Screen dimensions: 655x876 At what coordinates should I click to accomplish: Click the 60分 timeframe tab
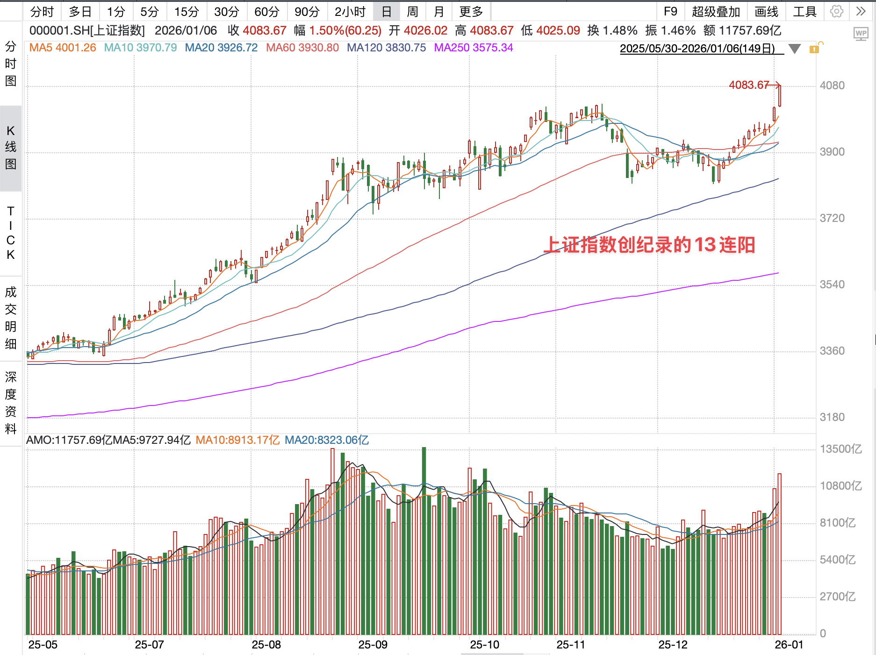266,12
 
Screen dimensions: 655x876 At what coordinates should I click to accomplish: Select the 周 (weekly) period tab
412,12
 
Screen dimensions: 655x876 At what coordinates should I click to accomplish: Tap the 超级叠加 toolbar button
716,12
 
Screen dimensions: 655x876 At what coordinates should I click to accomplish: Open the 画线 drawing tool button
766,12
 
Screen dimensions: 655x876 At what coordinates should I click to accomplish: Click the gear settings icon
836,12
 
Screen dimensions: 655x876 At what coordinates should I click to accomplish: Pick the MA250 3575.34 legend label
473,48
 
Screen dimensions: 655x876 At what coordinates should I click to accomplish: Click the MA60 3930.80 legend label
302,48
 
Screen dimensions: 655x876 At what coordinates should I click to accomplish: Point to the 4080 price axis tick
832,86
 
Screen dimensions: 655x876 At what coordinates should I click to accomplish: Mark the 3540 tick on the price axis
832,285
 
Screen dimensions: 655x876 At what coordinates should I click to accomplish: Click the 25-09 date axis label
373,645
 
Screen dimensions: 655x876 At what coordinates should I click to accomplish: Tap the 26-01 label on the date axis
789,645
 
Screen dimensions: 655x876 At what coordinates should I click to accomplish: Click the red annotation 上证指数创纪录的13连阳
649,245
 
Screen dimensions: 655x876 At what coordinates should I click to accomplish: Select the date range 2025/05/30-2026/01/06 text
697,49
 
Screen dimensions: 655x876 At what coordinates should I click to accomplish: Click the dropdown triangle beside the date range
794,49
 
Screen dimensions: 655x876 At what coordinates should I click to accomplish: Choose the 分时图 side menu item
11,64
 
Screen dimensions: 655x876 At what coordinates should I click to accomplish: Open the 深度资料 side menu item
11,403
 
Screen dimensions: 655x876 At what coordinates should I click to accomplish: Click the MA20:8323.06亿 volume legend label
326,440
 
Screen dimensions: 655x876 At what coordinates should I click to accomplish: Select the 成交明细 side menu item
11,318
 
